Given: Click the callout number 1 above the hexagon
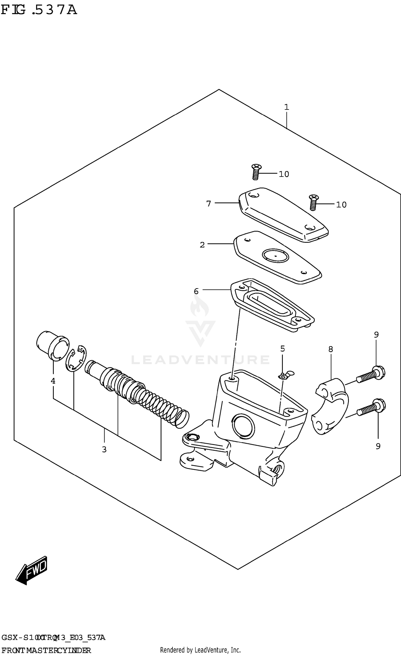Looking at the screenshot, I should click(287, 108).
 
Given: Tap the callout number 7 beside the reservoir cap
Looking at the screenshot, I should click(209, 204).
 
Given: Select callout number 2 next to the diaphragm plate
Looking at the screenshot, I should click(202, 245).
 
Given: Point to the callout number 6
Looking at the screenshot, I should click(196, 291).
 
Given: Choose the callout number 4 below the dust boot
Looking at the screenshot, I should click(53, 381).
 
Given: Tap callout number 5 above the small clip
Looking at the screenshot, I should click(283, 349).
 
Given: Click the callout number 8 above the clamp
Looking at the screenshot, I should click(331, 349).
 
